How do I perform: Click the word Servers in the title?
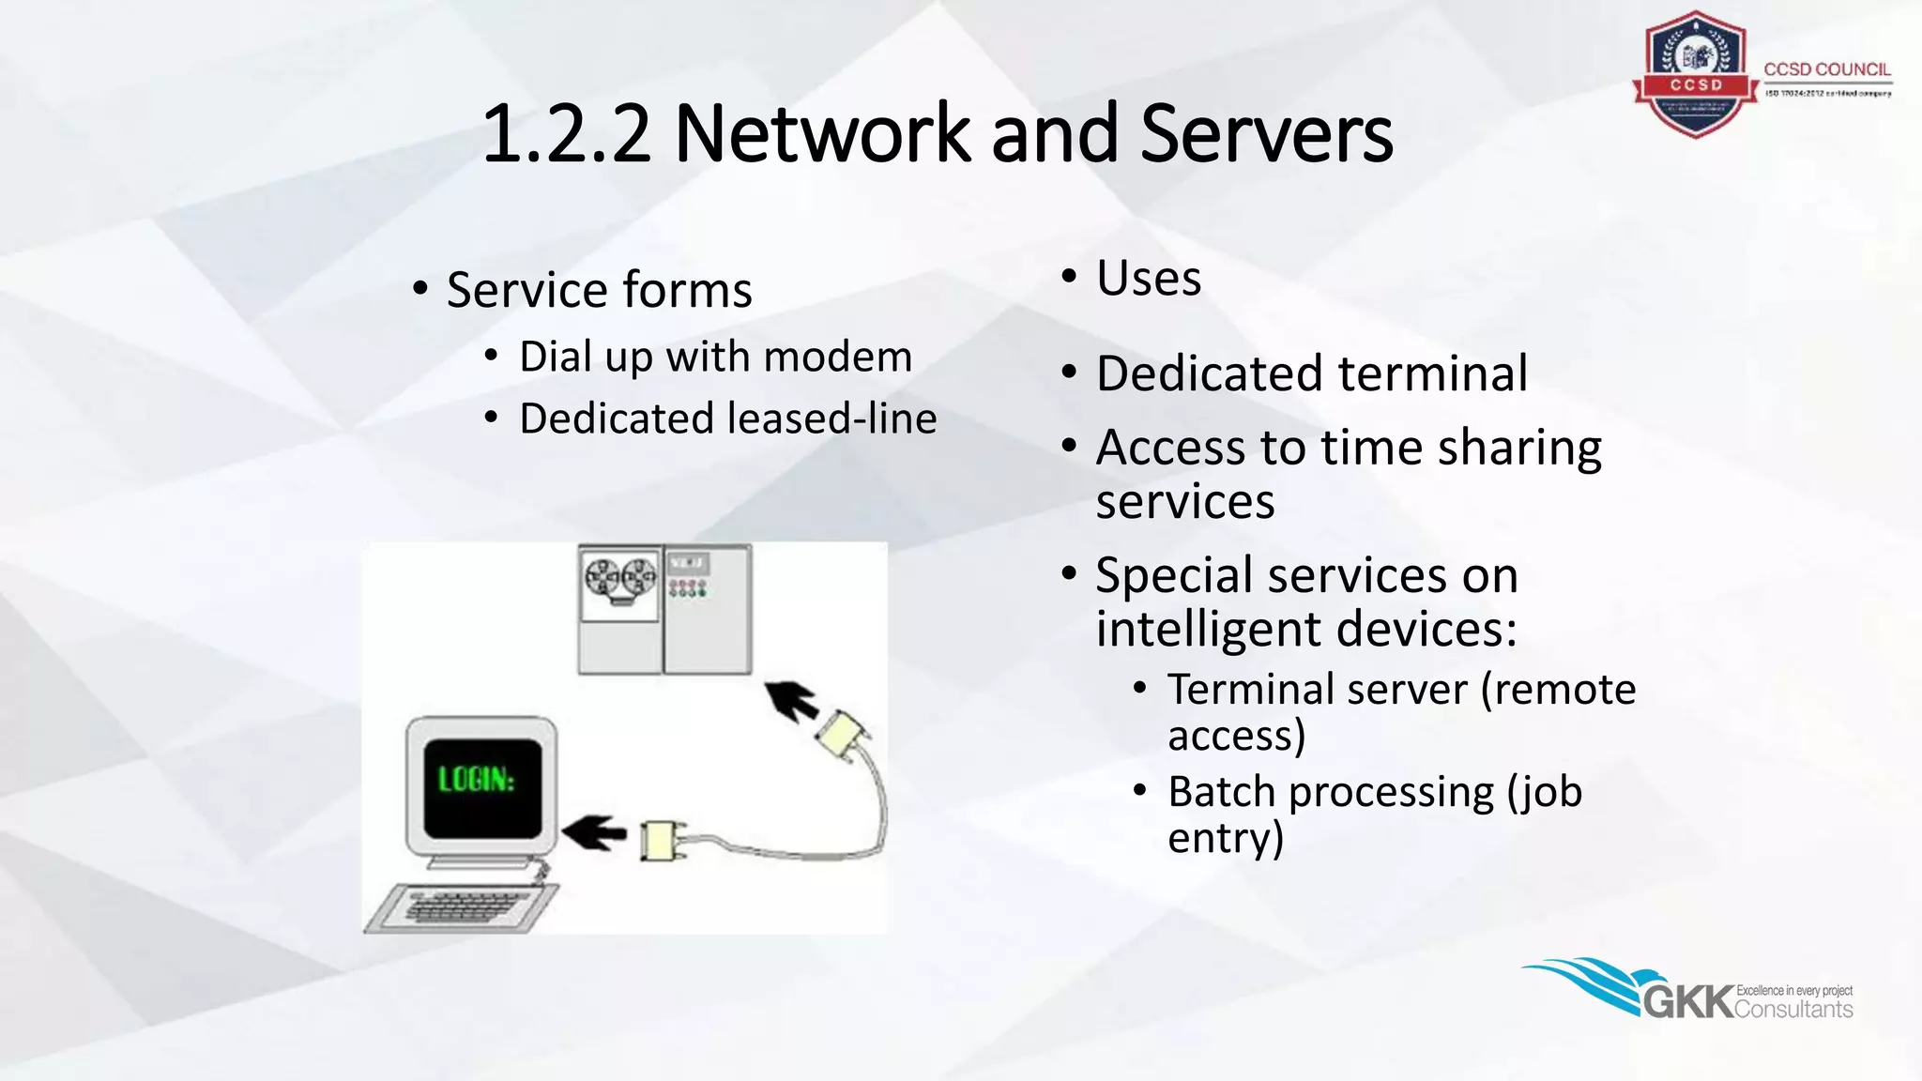[1266, 133]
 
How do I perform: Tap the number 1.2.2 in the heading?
[566, 133]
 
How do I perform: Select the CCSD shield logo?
[1695, 74]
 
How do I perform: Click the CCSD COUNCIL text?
[1826, 69]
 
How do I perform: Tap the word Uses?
[1149, 279]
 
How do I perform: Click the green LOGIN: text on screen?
[477, 779]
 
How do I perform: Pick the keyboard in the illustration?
[460, 906]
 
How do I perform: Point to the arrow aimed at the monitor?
[594, 831]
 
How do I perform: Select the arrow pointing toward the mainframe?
[790, 700]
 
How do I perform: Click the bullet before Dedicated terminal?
[1069, 373]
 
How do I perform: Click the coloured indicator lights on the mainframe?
[687, 588]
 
